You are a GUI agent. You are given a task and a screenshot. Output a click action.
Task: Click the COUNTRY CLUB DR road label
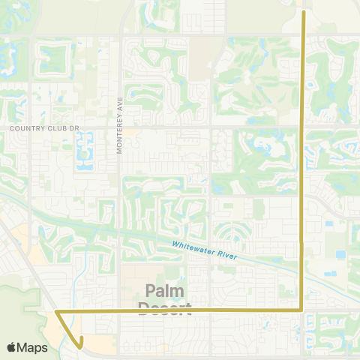[44, 128]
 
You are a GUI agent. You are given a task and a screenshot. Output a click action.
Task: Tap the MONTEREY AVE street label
[118, 129]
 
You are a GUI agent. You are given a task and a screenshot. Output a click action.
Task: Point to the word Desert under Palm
[165, 307]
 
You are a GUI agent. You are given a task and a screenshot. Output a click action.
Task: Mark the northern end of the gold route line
[302, 11]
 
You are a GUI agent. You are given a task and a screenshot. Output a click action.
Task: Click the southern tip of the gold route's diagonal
[79, 347]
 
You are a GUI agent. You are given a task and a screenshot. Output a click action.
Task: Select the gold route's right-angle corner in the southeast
[301, 308]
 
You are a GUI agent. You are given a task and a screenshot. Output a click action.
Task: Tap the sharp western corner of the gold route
[57, 310]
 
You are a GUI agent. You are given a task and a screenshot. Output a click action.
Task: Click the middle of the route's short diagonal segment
[67, 328]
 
